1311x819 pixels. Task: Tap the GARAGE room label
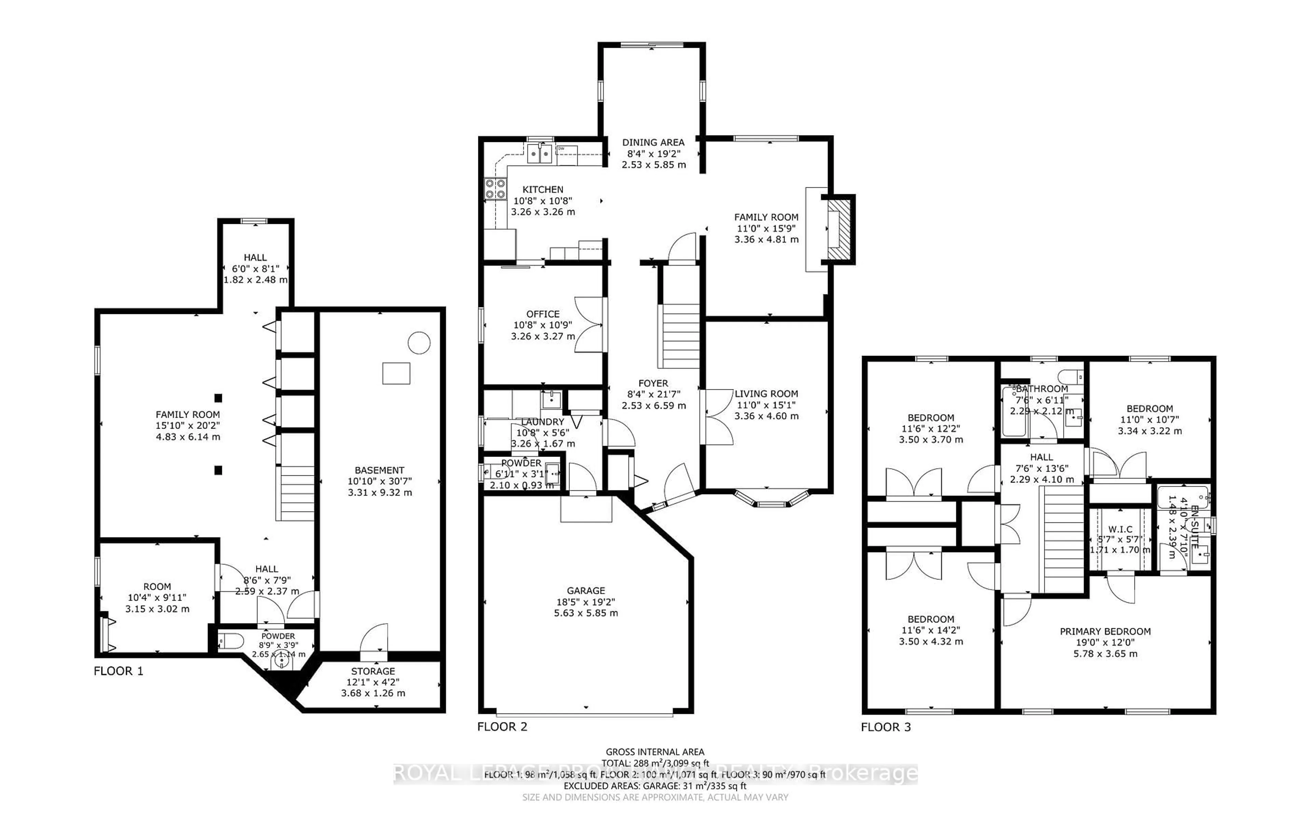[x=586, y=590]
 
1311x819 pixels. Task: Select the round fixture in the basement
[x=419, y=343]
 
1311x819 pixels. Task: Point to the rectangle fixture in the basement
[x=396, y=373]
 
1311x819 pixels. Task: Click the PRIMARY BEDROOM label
[x=1105, y=631]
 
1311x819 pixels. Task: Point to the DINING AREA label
[x=653, y=142]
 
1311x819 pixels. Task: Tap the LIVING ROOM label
[x=766, y=394]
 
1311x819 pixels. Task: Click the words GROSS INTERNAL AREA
[x=654, y=752]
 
